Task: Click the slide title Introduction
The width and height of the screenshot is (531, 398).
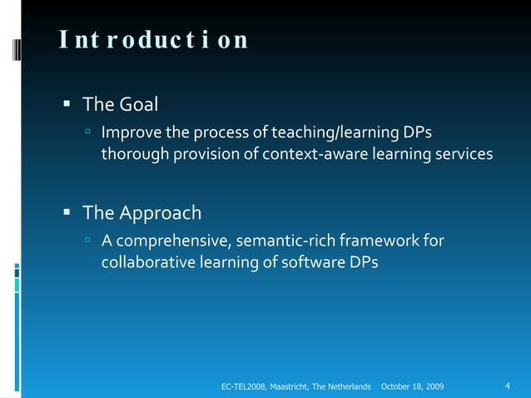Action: click(x=153, y=40)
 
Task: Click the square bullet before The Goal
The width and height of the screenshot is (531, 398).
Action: click(x=67, y=106)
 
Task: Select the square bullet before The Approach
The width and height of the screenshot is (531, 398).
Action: click(x=67, y=213)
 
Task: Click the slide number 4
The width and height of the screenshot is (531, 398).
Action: click(x=508, y=386)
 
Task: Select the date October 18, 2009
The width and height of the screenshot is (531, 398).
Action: click(x=411, y=387)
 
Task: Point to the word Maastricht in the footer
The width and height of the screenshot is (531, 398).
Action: click(x=293, y=387)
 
